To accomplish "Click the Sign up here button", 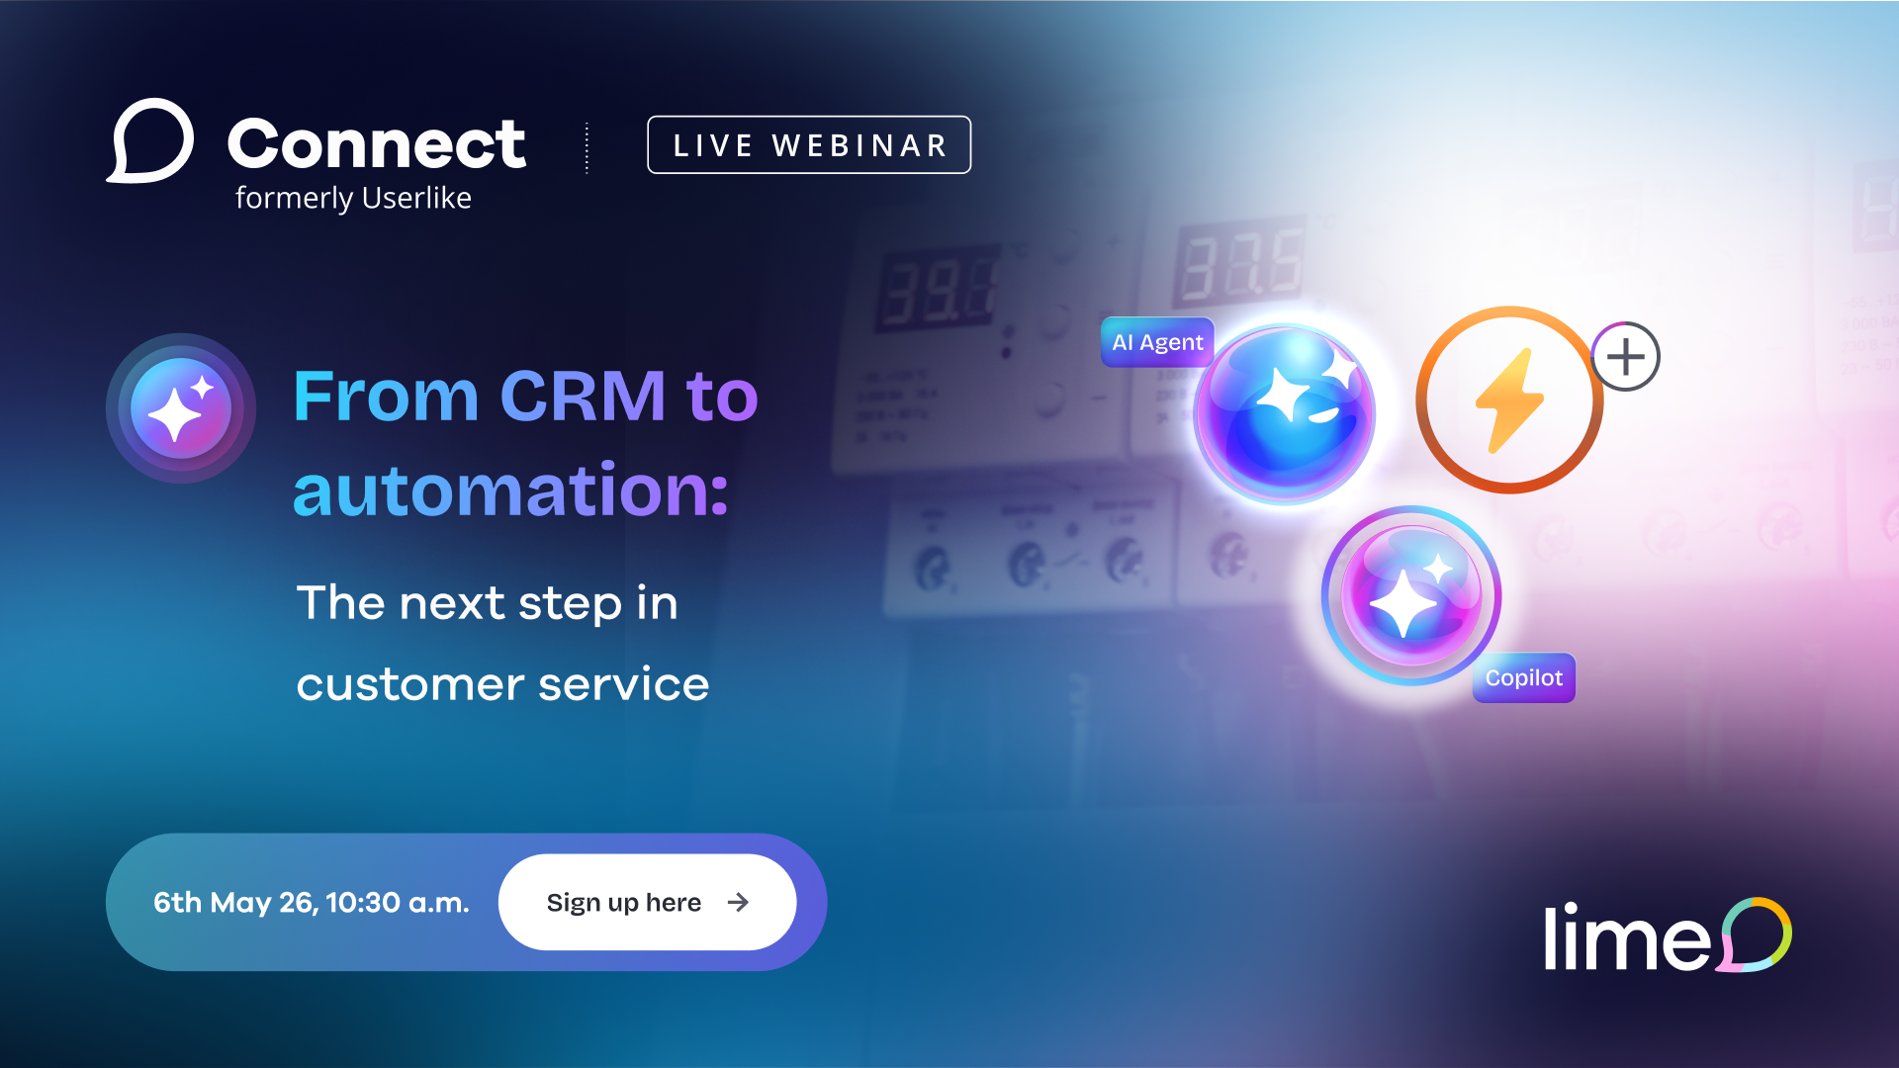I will [646, 902].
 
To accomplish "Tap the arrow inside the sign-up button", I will [738, 902].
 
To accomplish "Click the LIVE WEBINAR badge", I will [809, 145].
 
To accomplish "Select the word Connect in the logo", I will [377, 144].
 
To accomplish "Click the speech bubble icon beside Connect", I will [150, 141].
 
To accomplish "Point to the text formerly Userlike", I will [353, 198].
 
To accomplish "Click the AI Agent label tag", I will [1156, 342].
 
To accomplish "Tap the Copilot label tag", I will [1523, 678].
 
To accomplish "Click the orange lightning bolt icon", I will [1508, 400].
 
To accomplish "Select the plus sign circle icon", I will [1626, 357].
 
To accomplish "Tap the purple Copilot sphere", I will [1411, 596].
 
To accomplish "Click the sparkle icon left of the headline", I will [181, 408].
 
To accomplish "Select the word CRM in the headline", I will [583, 397].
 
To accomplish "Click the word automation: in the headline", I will [510, 489].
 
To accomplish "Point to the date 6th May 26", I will [233, 903].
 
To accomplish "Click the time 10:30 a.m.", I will [398, 903].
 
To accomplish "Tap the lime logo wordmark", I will [1626, 938].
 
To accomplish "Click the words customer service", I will [502, 684].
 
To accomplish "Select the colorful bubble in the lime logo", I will [1755, 934].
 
